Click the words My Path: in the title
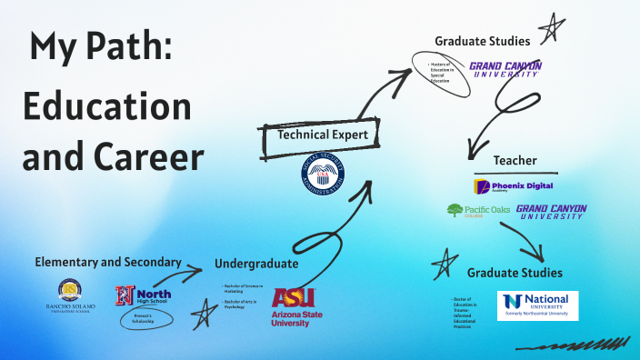pos(100,48)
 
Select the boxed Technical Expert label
pos(323,135)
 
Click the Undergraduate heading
pos(256,264)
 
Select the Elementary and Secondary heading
pos(108,262)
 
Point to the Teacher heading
pos(515,160)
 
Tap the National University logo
pos(537,304)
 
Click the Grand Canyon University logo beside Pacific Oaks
pos(551,211)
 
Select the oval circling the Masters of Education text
pos(441,73)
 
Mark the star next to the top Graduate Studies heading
pos(552,29)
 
